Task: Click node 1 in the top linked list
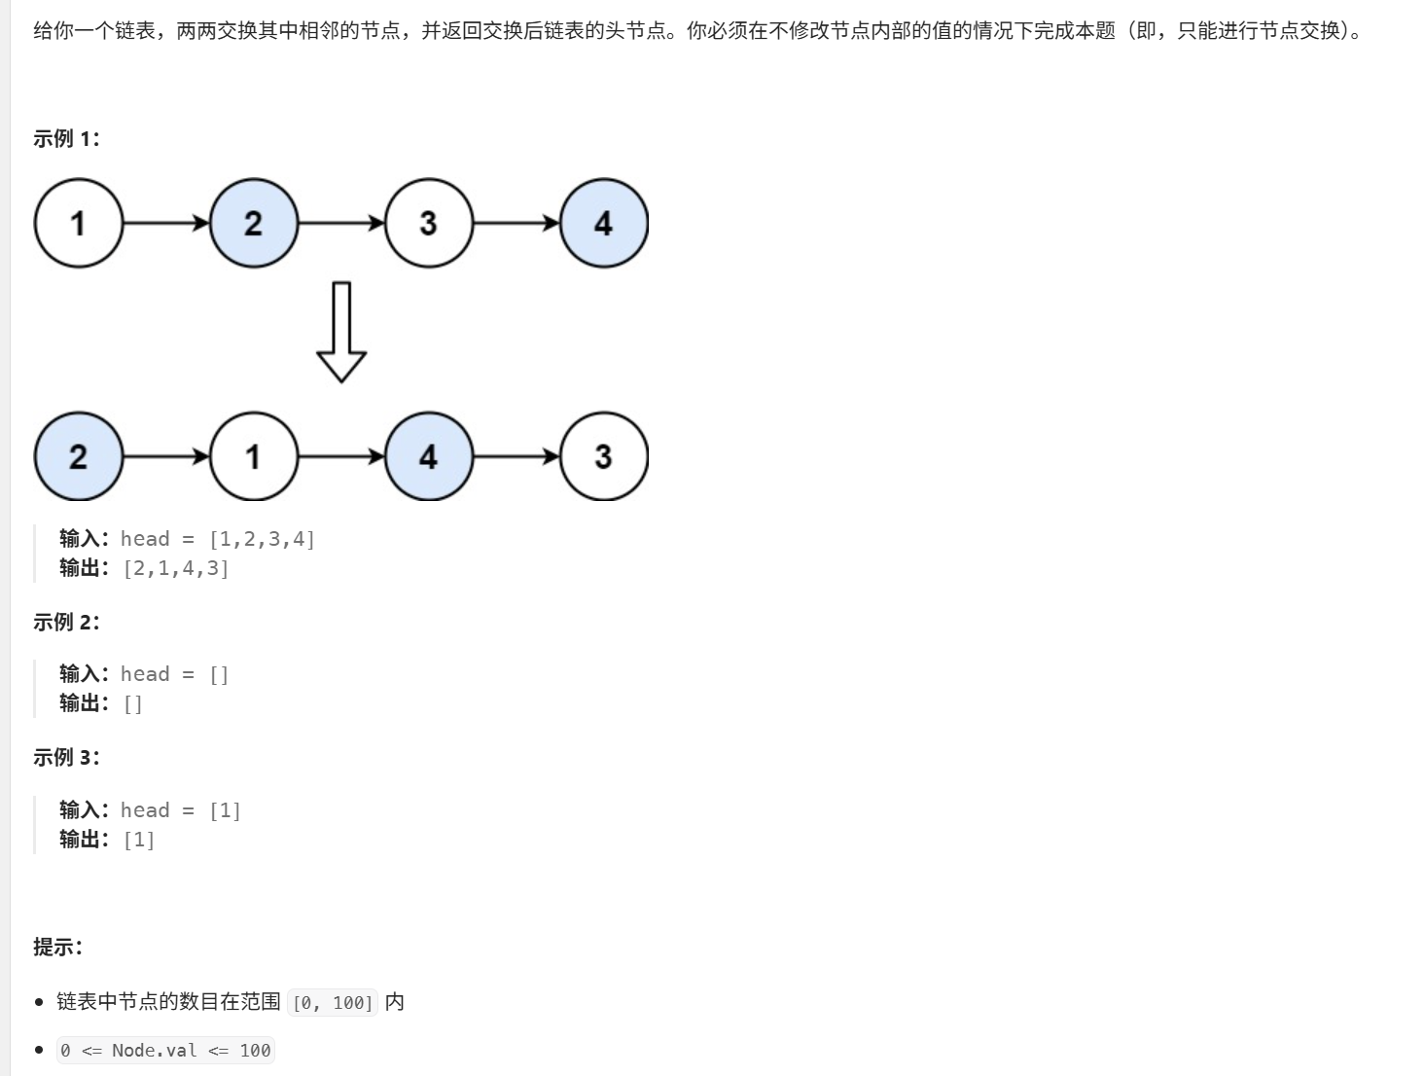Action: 79,223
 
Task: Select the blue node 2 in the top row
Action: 254,223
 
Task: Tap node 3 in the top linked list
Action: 429,223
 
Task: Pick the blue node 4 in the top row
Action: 604,223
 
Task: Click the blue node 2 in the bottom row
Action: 79,456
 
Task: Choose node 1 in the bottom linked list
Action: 254,456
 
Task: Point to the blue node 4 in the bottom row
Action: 429,456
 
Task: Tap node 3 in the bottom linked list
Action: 604,456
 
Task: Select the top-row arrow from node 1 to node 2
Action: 166,223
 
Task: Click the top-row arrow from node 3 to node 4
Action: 516,223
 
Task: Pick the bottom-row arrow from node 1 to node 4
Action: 341,456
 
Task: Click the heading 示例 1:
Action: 66,139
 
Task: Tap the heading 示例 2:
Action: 66,623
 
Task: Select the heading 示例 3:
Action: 66,758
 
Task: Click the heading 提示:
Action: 57,947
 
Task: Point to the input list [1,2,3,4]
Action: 262,539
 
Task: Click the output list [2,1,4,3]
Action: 176,568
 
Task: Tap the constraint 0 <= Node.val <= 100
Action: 165,1051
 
